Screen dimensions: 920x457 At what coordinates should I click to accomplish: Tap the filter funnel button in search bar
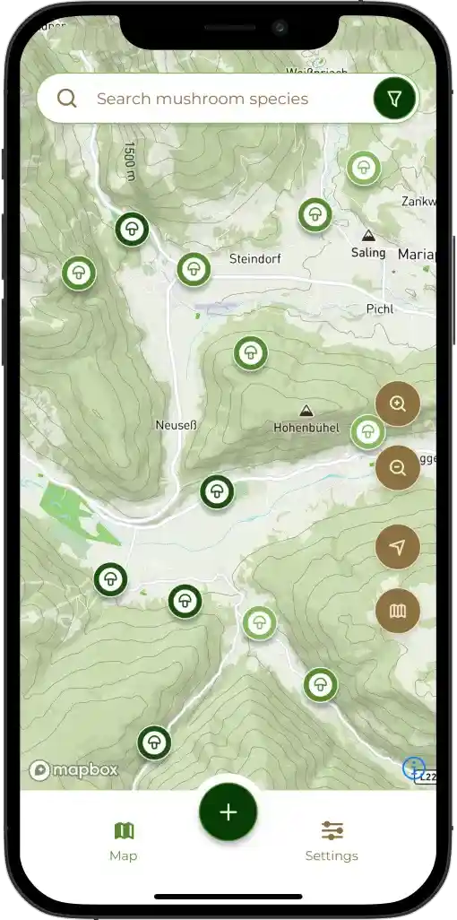tap(394, 99)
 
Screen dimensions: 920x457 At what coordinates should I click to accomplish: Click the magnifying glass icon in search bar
tap(66, 99)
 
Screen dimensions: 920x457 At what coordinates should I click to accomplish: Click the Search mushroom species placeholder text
tap(202, 99)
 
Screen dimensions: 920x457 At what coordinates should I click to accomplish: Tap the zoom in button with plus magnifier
tap(398, 404)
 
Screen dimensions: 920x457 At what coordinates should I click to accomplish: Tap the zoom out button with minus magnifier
tap(398, 467)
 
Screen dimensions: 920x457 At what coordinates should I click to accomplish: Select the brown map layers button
tap(398, 612)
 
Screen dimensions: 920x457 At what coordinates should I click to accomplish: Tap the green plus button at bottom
tap(228, 812)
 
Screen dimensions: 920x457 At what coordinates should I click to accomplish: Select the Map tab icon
tap(124, 830)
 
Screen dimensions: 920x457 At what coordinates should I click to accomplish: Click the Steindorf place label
tap(255, 259)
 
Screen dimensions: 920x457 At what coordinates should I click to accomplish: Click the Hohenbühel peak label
tap(306, 429)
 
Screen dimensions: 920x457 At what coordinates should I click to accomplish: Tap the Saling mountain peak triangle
tap(367, 236)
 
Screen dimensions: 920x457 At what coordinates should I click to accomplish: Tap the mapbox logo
tap(73, 769)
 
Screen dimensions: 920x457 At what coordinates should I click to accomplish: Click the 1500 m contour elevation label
tap(130, 161)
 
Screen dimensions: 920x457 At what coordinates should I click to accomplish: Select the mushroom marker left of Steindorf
tap(193, 269)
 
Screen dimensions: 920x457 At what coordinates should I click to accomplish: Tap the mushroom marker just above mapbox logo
tap(154, 742)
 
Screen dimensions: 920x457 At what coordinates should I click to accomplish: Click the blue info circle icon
tap(412, 767)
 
